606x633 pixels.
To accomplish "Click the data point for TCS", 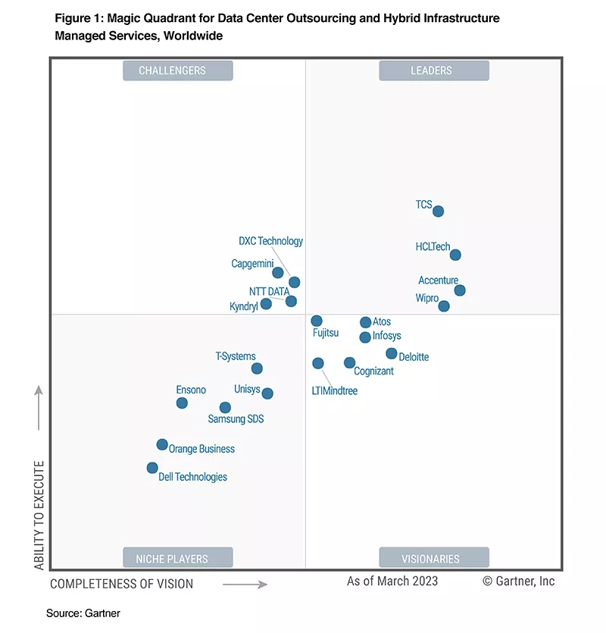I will coord(438,212).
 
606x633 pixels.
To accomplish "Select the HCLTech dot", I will coord(455,255).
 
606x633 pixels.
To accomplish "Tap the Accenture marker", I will coord(460,290).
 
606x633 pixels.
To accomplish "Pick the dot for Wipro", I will coord(444,306).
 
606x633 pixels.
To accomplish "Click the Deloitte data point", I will coord(392,353).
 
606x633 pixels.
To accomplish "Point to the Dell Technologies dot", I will coord(152,468).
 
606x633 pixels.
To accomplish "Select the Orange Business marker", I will coord(162,444).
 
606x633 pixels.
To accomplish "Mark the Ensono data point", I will coord(182,403).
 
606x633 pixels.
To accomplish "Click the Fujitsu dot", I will coord(317,321).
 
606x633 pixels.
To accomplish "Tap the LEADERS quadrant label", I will coord(433,71).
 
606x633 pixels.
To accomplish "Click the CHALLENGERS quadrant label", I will coord(177,71).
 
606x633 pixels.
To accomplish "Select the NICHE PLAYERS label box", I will coord(177,559).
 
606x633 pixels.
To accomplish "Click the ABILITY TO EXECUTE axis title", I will coord(39,515).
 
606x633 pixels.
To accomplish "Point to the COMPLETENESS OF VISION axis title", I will coord(122,584).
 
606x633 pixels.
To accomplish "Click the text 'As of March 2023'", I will coord(392,581).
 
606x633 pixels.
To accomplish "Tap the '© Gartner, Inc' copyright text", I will coord(519,581).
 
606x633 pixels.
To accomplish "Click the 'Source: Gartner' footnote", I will coord(83,613).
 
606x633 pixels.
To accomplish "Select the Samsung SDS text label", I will coord(236,418).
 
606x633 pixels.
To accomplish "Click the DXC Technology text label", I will coord(270,241).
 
